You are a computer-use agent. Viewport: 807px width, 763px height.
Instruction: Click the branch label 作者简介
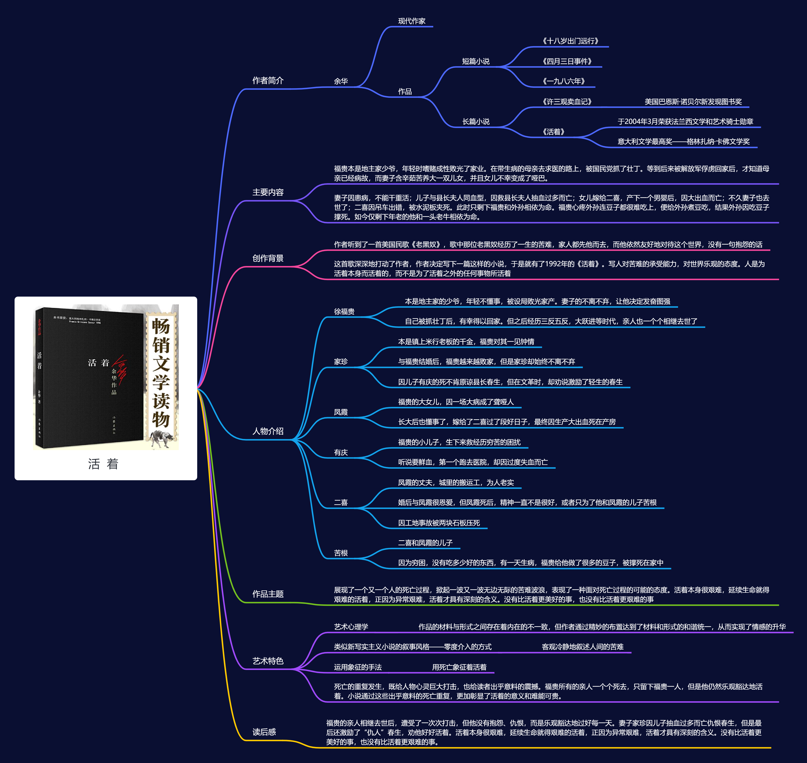[x=268, y=81]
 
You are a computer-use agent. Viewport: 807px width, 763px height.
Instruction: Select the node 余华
[x=341, y=81]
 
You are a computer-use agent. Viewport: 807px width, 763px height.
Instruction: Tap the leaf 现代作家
[x=411, y=21]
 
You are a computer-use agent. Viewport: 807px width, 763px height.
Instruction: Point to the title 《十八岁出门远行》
[x=570, y=41]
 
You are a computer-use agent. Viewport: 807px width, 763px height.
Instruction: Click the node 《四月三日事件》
[x=567, y=61]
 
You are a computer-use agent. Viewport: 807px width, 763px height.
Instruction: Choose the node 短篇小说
[x=476, y=61]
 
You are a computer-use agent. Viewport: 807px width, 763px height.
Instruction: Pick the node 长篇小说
[x=476, y=122]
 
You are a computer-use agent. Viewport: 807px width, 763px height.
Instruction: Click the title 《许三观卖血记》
[x=567, y=102]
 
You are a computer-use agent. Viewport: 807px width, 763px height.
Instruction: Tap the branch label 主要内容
[x=268, y=192]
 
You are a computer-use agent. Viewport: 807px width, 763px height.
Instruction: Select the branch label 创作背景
[x=268, y=258]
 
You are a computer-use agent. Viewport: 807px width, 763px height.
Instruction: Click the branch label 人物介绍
[x=268, y=431]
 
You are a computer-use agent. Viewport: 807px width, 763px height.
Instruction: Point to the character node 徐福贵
[x=344, y=312]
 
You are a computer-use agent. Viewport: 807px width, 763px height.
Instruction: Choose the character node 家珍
[x=341, y=361]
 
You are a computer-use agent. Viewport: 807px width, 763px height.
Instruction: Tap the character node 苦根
[x=341, y=553]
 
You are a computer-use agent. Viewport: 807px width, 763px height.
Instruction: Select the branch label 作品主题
[x=268, y=594]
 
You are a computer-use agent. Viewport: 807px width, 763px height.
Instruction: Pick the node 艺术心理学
[x=351, y=627]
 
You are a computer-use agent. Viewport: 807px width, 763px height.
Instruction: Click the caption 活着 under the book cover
[x=103, y=464]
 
